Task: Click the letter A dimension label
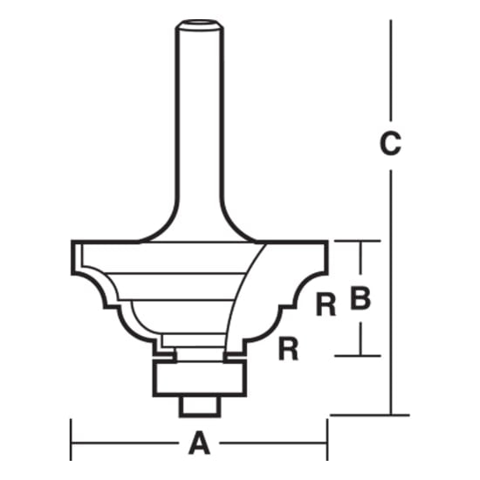click(x=199, y=445)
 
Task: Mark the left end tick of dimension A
click(x=71, y=444)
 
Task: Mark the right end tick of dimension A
click(x=327, y=444)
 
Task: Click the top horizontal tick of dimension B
click(x=358, y=240)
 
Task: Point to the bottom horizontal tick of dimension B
click(x=358, y=355)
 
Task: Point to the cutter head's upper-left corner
click(x=73, y=245)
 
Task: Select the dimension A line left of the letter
click(x=131, y=444)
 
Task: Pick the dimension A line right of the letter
click(x=271, y=444)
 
